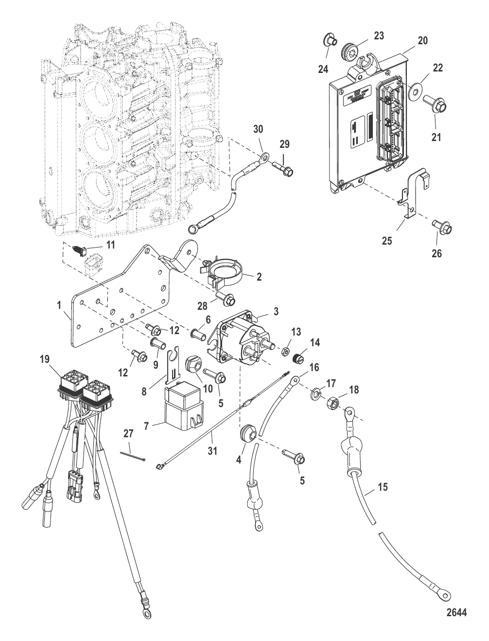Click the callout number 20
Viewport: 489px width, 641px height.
click(x=423, y=41)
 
